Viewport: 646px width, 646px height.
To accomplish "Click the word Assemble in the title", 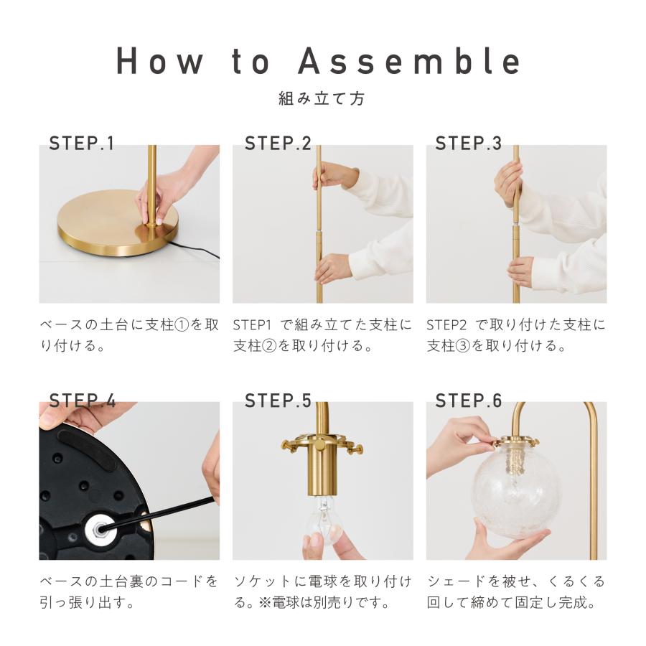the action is (410, 62).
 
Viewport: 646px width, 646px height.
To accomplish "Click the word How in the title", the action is (160, 62).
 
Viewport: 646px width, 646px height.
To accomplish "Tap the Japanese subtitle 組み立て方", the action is (322, 99).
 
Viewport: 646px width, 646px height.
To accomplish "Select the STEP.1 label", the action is (81, 144).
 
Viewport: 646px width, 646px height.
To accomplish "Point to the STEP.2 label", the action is (278, 144).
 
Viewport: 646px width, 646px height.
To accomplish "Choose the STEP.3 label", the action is (469, 144).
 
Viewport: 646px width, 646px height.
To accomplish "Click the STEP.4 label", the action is (83, 401).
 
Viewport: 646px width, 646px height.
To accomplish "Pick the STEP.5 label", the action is (278, 401).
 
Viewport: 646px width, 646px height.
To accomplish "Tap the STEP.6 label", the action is (469, 401).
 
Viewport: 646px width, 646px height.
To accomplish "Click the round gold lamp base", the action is (116, 225).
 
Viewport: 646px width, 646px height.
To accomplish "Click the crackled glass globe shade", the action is (517, 492).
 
